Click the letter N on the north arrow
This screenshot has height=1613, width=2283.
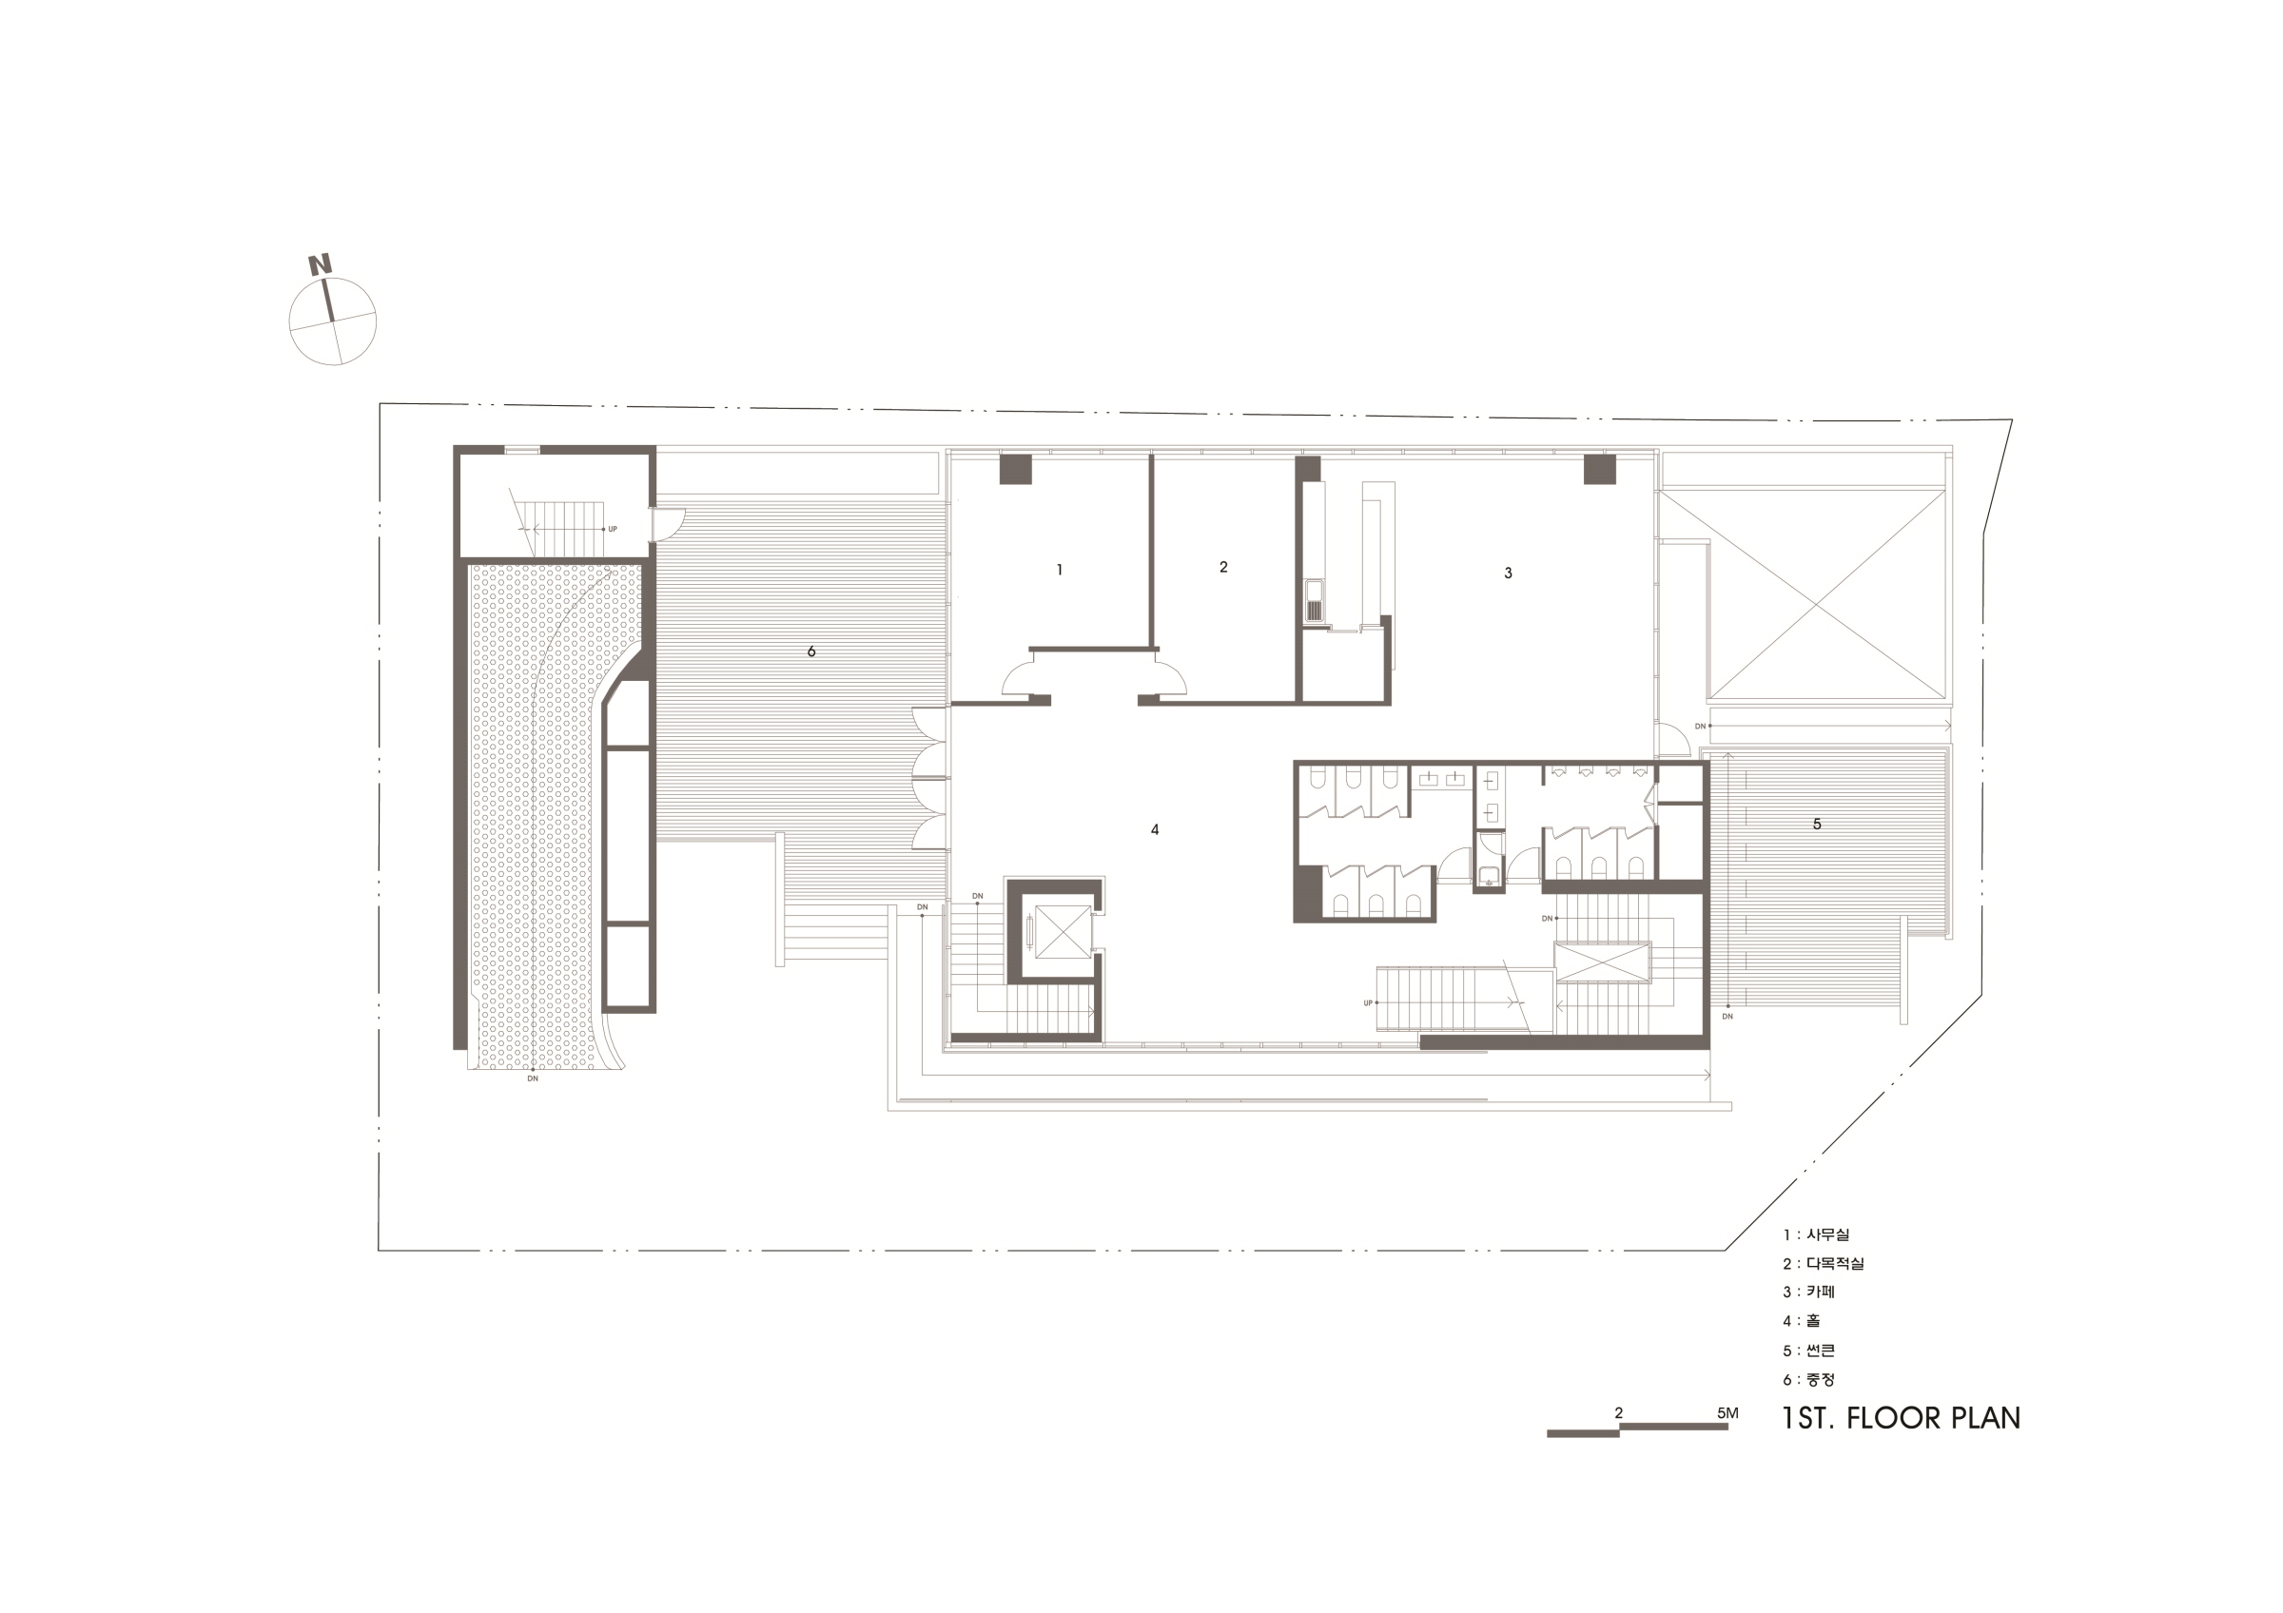coord(321,265)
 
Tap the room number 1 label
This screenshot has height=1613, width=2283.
coord(1059,571)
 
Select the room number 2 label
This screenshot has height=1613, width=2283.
coord(1223,568)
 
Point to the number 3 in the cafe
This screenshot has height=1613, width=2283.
coord(1508,573)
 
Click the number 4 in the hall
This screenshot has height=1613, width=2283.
coord(1155,830)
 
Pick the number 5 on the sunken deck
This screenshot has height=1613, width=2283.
coord(1817,824)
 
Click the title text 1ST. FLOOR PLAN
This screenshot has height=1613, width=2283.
coord(1901,1418)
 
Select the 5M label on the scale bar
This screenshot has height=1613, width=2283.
coord(1727,1413)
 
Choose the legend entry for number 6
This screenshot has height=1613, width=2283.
coord(1808,1379)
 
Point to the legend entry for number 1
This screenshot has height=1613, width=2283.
coord(1816,1234)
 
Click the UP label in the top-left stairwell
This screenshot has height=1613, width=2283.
coord(613,529)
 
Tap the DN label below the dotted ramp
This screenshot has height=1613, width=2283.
coord(533,1079)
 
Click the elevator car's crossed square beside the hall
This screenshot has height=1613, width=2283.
coord(1063,933)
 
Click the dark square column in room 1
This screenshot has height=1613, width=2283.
coord(1015,469)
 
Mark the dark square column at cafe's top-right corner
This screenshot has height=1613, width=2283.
coord(1599,469)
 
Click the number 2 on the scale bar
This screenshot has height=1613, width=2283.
coord(1619,1413)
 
